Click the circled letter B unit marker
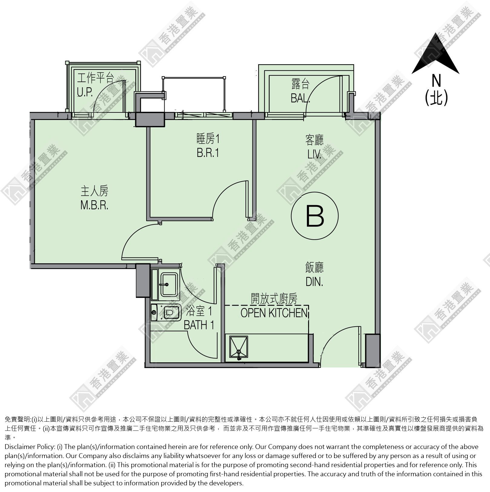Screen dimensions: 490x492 coord(315,216)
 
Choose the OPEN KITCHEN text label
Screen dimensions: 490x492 coord(274,313)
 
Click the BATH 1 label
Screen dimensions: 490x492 coord(199,325)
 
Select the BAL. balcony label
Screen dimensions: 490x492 coord(300,98)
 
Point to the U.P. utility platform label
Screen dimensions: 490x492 coord(84,92)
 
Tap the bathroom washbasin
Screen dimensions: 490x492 coord(169,284)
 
